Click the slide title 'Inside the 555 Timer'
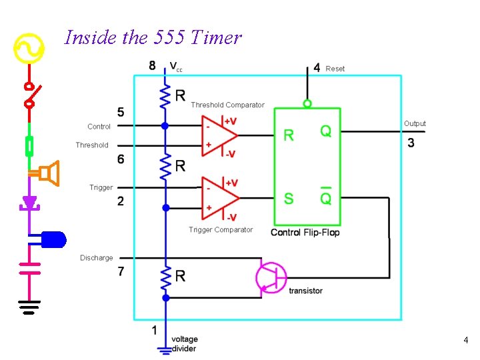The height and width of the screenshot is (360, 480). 152,37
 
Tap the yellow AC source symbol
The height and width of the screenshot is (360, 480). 29,48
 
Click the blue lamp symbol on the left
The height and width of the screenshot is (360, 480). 53,238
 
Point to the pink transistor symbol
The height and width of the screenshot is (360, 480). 271,277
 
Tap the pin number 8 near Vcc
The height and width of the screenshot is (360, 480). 153,65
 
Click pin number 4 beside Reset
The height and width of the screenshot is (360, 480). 317,68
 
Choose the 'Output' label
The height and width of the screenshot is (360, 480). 415,123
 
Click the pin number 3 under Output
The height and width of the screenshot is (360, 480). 411,143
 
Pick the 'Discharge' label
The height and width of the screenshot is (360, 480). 97,258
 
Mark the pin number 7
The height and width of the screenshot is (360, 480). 121,271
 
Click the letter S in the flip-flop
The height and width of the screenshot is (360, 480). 289,199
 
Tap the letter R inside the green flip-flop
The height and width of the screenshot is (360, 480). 289,135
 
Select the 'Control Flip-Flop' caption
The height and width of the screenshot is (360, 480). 305,232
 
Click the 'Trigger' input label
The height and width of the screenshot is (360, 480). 101,187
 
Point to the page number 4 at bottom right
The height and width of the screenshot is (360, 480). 466,341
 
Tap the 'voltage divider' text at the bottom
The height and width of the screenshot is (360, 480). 184,344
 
